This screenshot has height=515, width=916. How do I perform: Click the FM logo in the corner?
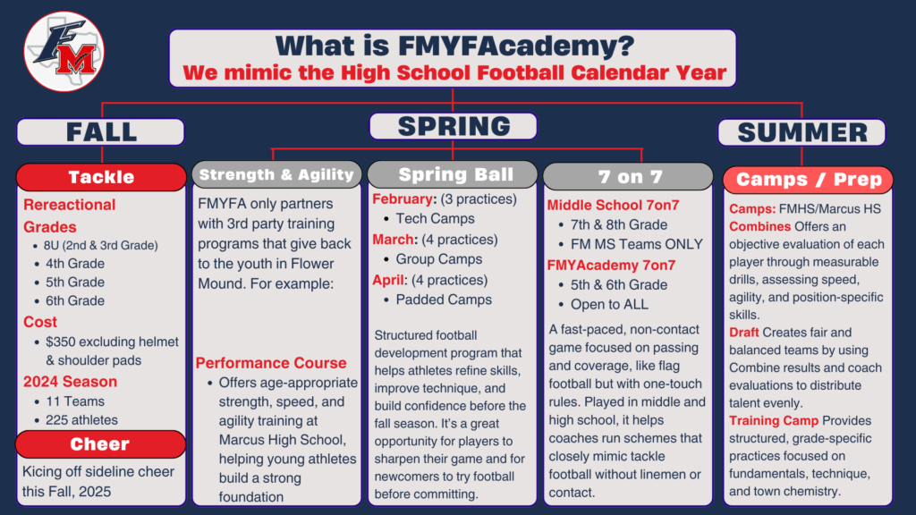pyautogui.click(x=64, y=51)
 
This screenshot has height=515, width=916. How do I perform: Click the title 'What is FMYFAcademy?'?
pyautogui.click(x=454, y=46)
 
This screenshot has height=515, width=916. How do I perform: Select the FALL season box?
pyautogui.click(x=101, y=132)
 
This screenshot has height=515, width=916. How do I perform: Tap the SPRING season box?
pyautogui.click(x=454, y=126)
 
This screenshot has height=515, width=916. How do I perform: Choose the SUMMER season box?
pyautogui.click(x=801, y=132)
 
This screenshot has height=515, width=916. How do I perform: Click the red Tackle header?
pyautogui.click(x=101, y=177)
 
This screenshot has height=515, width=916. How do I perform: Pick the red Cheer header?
pyautogui.click(x=100, y=444)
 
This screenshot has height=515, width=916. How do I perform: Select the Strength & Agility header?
pyautogui.click(x=277, y=174)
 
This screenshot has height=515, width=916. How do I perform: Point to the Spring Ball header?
pyautogui.click(x=453, y=174)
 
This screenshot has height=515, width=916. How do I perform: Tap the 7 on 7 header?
pyautogui.click(x=629, y=176)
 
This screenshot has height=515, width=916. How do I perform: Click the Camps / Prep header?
pyautogui.click(x=808, y=180)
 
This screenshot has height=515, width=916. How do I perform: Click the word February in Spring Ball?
pyautogui.click(x=404, y=199)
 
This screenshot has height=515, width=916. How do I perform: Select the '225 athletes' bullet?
pyautogui.click(x=81, y=420)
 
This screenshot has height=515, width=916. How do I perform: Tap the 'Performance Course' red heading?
pyautogui.click(x=271, y=363)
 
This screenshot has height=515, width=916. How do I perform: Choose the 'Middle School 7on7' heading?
pyautogui.click(x=614, y=205)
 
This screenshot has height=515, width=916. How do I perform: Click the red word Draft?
pyautogui.click(x=743, y=333)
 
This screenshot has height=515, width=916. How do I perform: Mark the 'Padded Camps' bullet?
pyautogui.click(x=444, y=300)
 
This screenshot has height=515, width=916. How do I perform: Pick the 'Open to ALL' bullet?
pyautogui.click(x=609, y=304)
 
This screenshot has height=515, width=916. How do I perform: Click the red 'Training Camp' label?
pyautogui.click(x=774, y=420)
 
